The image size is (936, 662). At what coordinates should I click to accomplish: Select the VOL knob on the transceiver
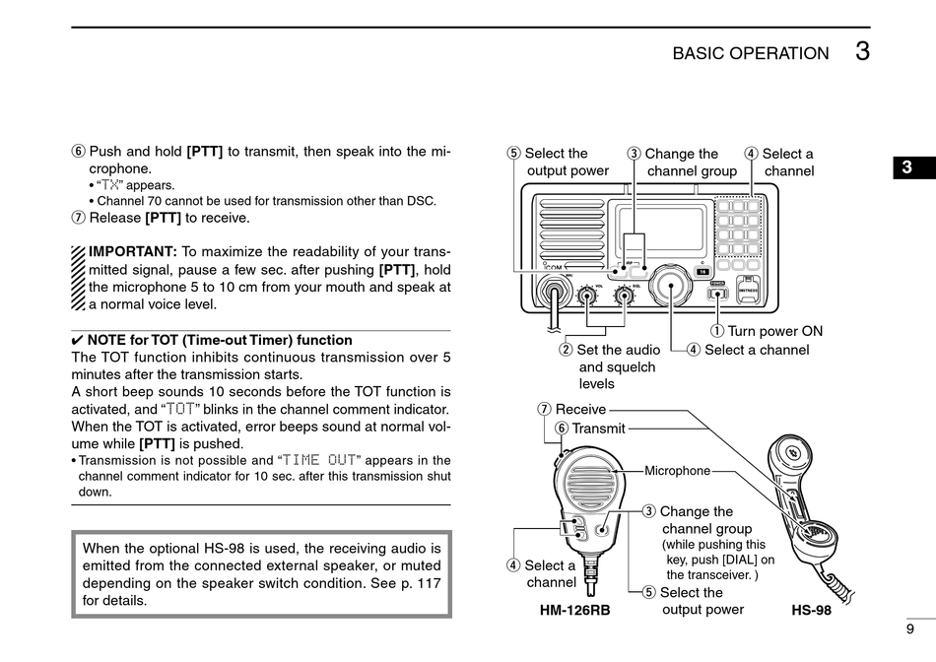click(588, 295)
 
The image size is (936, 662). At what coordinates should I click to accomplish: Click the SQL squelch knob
click(624, 295)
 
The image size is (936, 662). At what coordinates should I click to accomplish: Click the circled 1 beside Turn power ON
click(717, 331)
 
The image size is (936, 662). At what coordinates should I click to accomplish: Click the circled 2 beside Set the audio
click(566, 350)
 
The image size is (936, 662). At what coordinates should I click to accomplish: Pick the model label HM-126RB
click(574, 611)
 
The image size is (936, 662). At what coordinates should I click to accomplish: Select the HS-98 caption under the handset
click(811, 611)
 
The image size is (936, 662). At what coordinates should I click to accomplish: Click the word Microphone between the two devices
click(677, 471)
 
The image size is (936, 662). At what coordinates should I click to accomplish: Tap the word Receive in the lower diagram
click(580, 410)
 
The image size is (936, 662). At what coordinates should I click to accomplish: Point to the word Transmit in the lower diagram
click(598, 429)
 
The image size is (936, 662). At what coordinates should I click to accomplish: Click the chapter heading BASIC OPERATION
click(751, 54)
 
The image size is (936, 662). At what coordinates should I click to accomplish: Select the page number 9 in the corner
click(909, 629)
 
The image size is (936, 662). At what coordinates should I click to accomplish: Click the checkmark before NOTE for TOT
click(78, 341)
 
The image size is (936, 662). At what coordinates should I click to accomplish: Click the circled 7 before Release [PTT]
click(78, 218)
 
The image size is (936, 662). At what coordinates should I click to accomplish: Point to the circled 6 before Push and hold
click(78, 152)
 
